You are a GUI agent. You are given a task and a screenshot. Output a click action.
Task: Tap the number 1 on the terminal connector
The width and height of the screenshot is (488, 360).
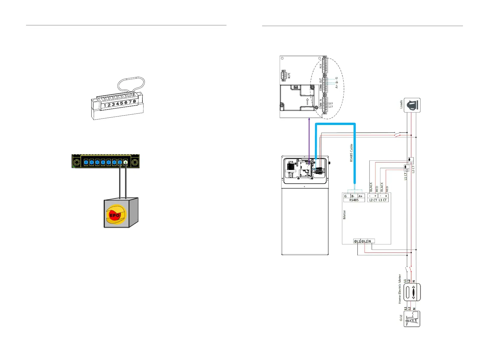(x=105, y=106)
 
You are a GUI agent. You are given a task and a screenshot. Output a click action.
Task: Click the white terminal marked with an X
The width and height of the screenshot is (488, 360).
(x=125, y=162)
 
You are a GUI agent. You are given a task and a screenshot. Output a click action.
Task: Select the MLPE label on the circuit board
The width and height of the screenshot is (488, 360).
(x=289, y=76)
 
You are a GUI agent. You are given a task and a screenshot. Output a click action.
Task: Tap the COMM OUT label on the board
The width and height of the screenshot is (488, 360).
(x=320, y=85)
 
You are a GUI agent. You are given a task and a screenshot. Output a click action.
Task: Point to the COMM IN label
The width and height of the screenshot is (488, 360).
(x=320, y=104)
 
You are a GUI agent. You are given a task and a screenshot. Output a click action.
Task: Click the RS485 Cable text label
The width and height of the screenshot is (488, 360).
(x=351, y=153)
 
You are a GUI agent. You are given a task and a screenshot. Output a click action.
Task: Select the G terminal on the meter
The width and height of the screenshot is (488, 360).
(x=346, y=196)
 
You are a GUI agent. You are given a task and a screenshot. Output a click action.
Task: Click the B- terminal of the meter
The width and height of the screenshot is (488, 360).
(x=353, y=196)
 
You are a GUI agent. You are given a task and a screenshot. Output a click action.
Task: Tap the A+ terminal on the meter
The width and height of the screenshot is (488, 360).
(x=360, y=196)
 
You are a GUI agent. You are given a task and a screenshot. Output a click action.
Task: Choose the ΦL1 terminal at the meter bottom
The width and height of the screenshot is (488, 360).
(x=357, y=241)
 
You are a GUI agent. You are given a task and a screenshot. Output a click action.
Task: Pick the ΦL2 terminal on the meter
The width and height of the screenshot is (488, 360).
(x=364, y=241)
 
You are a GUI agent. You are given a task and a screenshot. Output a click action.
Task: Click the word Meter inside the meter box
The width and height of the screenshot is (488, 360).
(x=344, y=215)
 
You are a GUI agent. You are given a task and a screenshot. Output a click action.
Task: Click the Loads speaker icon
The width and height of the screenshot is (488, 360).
(x=412, y=105)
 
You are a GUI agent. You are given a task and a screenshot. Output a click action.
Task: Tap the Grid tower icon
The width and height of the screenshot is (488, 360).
(x=412, y=319)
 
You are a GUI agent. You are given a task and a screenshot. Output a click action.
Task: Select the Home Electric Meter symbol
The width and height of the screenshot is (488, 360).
(x=412, y=292)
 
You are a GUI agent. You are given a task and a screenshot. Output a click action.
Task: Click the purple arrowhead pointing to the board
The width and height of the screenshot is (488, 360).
(x=309, y=119)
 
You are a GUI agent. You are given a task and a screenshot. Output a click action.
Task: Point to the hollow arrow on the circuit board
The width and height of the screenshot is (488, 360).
(x=307, y=101)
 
